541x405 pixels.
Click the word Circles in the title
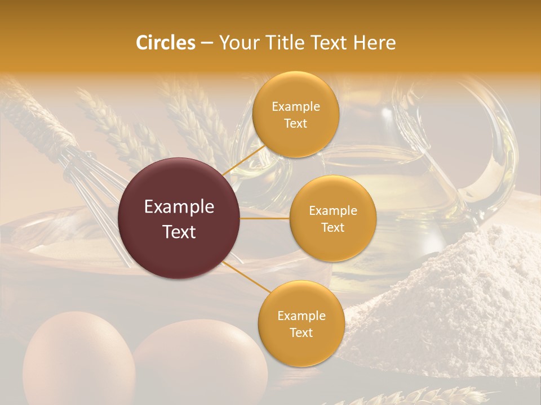[166, 43]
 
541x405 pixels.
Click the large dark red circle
[179, 218]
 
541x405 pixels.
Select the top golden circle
[295, 114]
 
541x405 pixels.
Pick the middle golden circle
[332, 218]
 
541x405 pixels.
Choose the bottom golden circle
[301, 323]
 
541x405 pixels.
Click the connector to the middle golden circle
[265, 218]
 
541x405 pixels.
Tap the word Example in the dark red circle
[179, 207]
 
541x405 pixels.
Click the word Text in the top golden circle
[295, 123]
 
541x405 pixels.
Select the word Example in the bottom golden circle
[301, 316]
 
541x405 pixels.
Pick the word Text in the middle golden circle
[332, 227]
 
